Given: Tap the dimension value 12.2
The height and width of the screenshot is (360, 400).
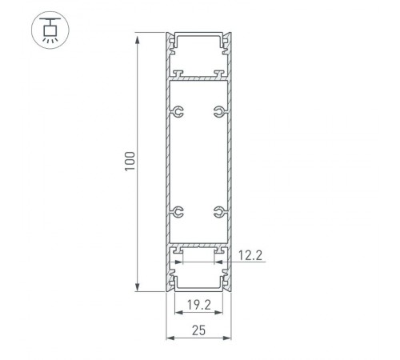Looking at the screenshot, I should point(251,256).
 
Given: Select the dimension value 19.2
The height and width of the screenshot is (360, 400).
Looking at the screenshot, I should point(198,305).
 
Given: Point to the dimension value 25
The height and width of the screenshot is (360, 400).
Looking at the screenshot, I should point(198,330).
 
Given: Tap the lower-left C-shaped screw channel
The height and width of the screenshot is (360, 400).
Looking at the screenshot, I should point(178,212).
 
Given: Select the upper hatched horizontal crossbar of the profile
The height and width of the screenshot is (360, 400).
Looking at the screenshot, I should point(198,78).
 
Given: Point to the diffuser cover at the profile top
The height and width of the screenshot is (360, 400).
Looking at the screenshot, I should point(198,37).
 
